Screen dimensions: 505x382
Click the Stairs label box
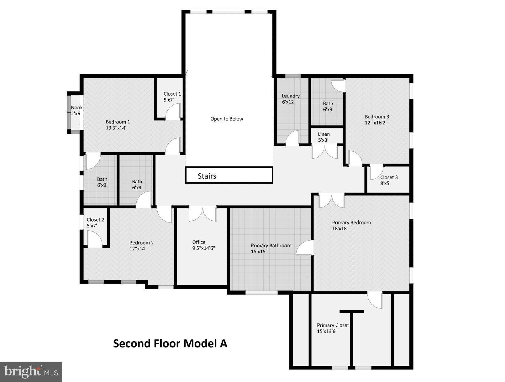(229, 175)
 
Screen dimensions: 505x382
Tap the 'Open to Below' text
(227, 119)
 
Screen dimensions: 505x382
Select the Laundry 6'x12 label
(291, 99)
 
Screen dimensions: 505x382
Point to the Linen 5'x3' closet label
(324, 137)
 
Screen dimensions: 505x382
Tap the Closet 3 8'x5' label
(389, 180)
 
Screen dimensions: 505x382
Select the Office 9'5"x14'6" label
(204, 245)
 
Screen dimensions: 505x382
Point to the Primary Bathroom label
(271, 246)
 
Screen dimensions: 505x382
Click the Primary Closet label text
(333, 325)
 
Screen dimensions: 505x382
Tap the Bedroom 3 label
(377, 117)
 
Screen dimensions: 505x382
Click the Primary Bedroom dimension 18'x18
(339, 228)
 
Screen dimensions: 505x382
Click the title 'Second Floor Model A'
(170, 343)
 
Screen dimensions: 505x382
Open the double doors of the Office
(203, 214)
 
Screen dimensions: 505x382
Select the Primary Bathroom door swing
(304, 248)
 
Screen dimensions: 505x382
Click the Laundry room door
(292, 138)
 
